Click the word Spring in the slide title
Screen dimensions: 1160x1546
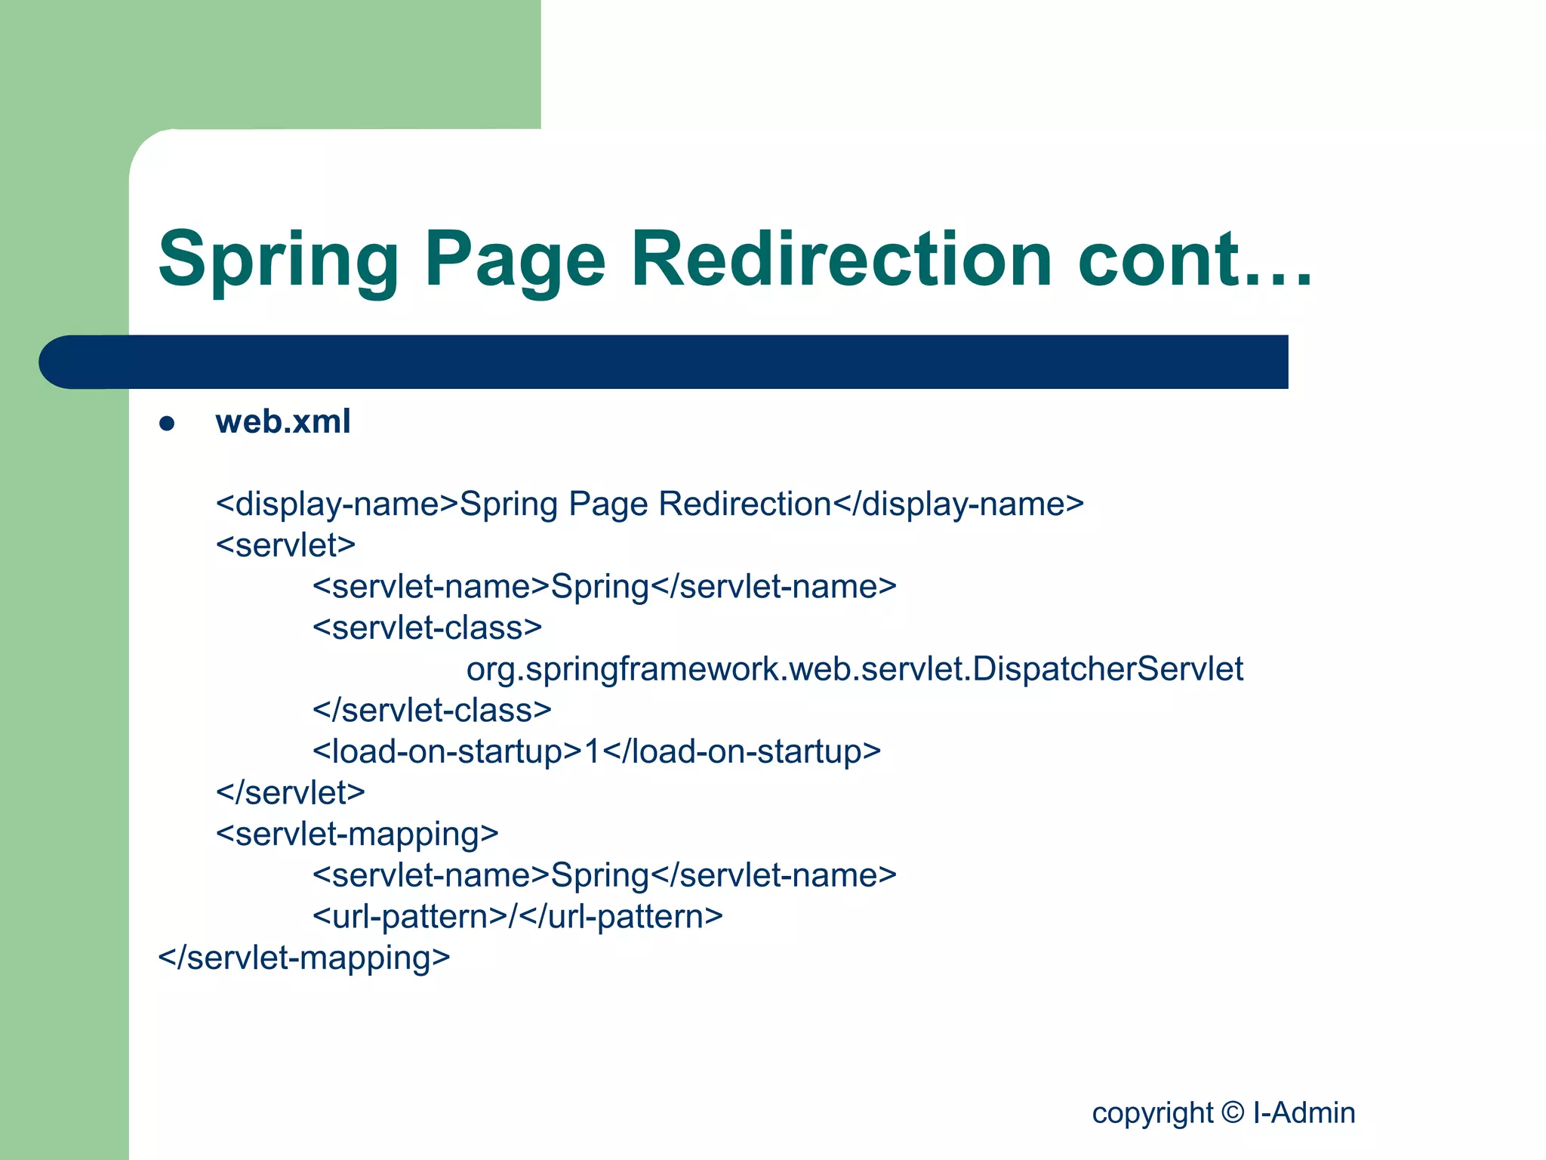278,261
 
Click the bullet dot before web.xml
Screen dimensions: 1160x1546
167,424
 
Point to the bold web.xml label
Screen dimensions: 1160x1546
283,421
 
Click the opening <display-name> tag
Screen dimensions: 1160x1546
337,504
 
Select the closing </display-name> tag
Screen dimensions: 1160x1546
958,504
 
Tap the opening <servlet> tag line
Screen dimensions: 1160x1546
285,545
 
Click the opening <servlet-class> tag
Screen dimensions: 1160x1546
427,628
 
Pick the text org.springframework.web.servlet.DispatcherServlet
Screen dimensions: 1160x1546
855,669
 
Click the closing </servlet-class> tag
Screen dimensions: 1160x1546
432,711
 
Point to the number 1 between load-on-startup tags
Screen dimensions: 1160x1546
593,751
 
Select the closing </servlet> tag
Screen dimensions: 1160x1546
291,793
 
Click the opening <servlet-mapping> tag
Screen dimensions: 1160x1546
357,835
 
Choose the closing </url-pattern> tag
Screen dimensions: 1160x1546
621,917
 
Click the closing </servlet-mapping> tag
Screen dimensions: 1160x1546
303,958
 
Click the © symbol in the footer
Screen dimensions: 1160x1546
1232,1112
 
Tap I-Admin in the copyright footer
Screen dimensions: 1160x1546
1304,1112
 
